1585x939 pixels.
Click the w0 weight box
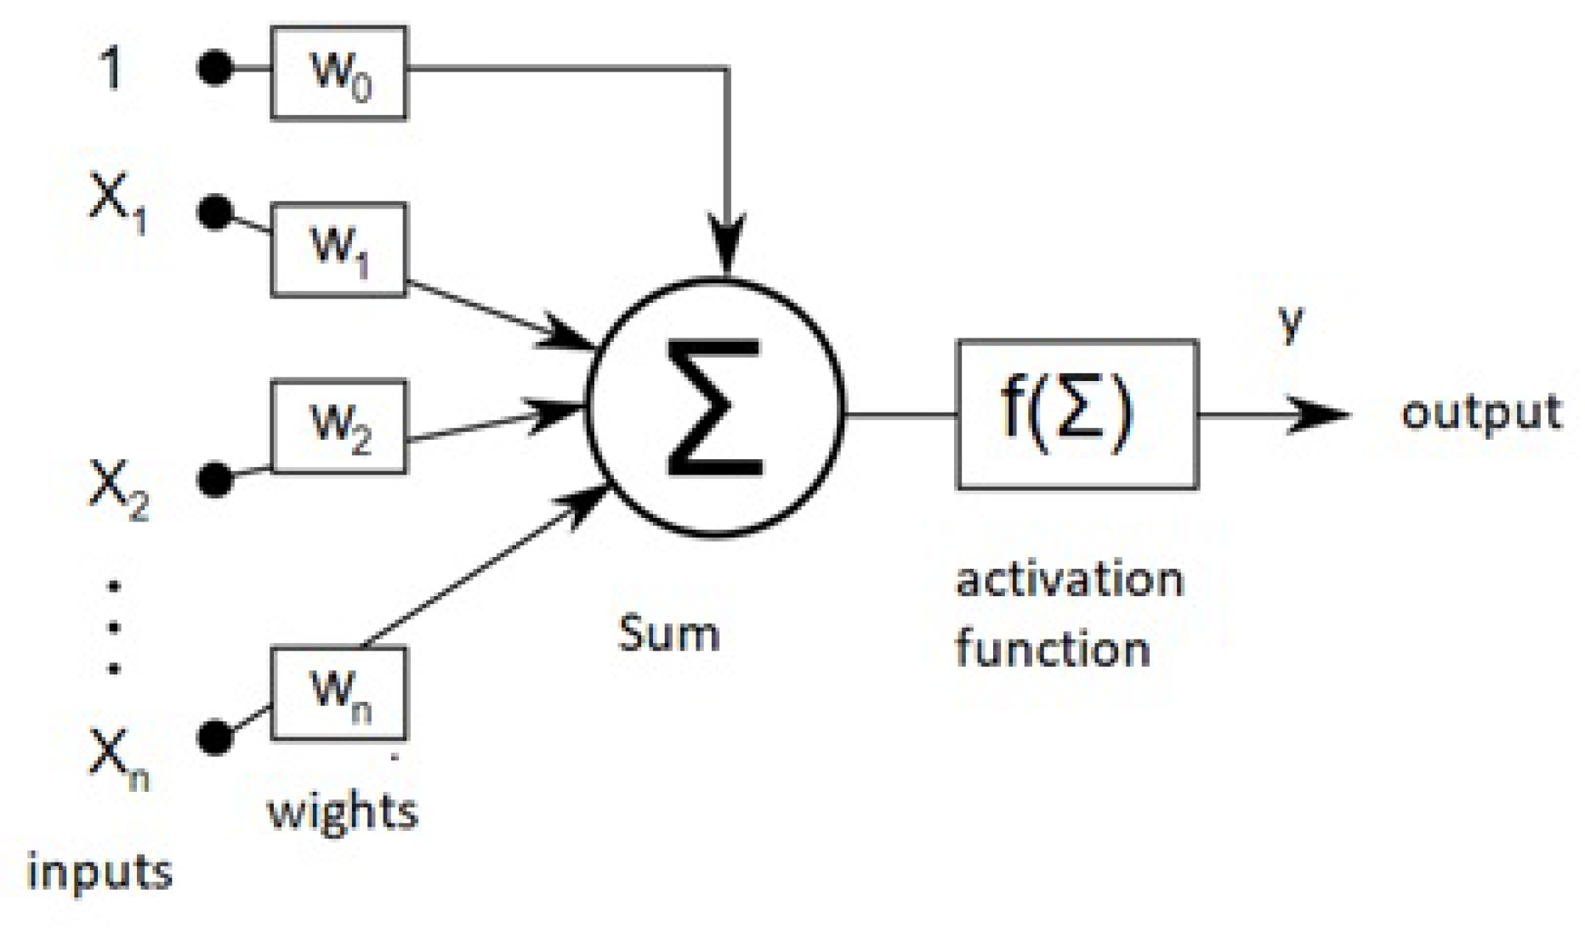point(338,72)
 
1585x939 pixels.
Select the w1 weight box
point(338,249)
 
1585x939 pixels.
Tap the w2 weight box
point(338,426)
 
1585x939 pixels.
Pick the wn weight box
point(338,693)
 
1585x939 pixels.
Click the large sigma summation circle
point(715,408)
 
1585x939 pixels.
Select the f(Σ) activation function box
point(1077,414)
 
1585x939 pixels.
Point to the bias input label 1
point(111,68)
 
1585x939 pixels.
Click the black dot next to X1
point(215,212)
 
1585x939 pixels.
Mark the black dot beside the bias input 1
point(215,67)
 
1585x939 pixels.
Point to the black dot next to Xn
point(215,737)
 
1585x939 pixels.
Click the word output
point(1480,414)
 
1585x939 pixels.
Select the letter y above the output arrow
point(1291,322)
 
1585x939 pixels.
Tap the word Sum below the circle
point(668,634)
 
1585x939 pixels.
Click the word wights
point(343,811)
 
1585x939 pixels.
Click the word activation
point(1070,581)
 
